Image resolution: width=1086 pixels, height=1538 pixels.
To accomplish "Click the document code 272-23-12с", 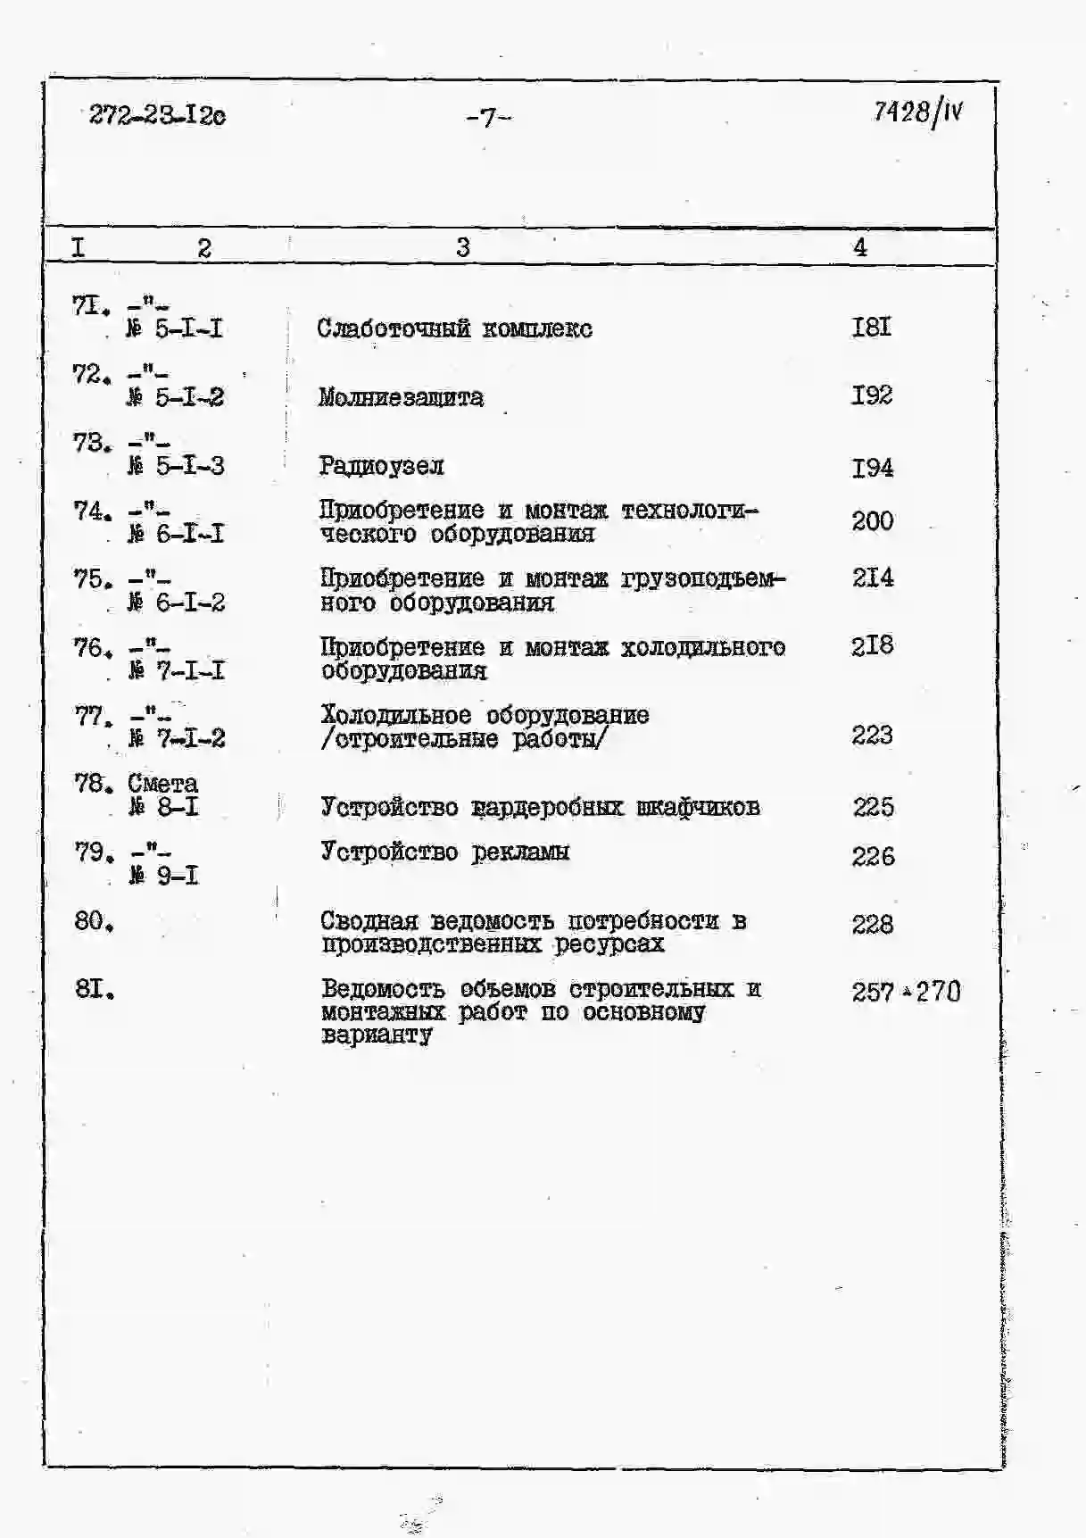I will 157,115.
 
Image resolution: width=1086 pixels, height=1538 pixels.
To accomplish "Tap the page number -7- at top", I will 488,118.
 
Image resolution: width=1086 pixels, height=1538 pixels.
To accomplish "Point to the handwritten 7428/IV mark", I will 917,112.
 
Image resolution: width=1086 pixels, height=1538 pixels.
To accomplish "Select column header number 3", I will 462,247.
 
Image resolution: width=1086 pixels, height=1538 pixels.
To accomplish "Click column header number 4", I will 859,247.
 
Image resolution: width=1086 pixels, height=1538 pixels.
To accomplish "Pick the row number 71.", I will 90,306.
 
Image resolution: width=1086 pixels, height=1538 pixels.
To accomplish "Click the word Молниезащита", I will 401,397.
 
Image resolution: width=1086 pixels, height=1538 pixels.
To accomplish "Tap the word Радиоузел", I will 381,466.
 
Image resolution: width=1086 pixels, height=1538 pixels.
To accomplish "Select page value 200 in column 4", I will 872,520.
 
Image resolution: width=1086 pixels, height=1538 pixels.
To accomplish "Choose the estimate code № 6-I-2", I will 176,603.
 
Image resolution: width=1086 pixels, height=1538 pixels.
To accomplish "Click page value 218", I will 872,645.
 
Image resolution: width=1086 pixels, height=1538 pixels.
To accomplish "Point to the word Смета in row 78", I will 162,784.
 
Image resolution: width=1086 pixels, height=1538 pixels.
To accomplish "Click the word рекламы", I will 520,852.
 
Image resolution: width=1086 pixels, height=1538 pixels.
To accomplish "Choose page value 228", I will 872,924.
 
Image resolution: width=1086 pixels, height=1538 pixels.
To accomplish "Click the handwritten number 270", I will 938,992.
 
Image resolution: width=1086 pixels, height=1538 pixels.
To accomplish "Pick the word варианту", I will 377,1035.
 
